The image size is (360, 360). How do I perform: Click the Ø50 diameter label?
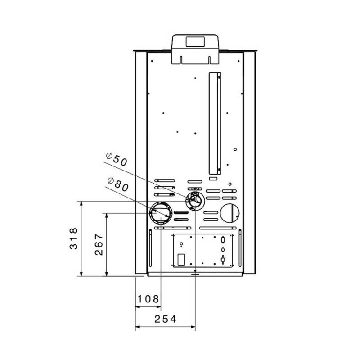tap(117, 159)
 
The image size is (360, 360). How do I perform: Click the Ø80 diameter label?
tap(118, 184)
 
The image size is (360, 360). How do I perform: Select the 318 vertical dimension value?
tap(74, 238)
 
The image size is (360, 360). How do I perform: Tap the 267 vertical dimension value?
tap(99, 244)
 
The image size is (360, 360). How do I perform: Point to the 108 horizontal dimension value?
tap(148, 298)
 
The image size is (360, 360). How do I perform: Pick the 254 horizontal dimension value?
tap(166, 319)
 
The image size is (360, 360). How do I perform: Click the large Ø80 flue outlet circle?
tap(161, 213)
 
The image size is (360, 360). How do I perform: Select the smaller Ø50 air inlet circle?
tap(195, 200)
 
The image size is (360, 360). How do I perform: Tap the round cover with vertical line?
tap(230, 213)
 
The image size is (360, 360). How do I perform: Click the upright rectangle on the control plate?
tap(181, 260)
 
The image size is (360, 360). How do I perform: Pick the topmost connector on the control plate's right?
tap(223, 239)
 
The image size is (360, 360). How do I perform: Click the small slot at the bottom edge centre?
tap(195, 272)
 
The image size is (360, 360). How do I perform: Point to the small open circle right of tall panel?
tap(235, 149)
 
